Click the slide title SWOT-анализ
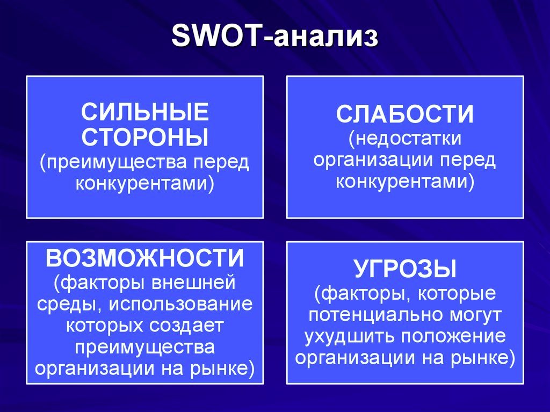(274, 38)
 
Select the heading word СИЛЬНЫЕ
(145, 113)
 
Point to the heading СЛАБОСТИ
(405, 115)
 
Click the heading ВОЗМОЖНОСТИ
(145, 258)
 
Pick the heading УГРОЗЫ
(405, 269)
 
